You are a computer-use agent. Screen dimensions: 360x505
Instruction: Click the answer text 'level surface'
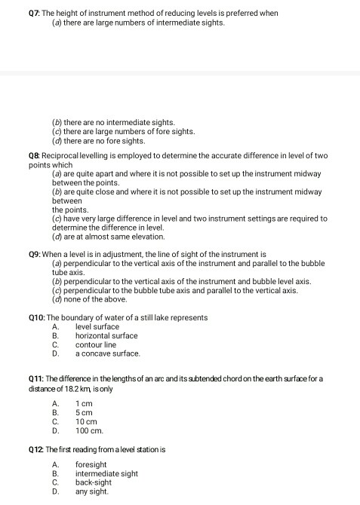[97, 326]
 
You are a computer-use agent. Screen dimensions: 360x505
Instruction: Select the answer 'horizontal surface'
[106, 335]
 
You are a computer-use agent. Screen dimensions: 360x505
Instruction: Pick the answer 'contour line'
[95, 344]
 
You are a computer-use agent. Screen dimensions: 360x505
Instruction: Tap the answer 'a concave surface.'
[107, 353]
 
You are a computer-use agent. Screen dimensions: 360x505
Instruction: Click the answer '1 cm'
[84, 404]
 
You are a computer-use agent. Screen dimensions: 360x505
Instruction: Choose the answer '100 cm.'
[89, 431]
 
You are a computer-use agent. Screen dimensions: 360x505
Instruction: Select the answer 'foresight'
[91, 465]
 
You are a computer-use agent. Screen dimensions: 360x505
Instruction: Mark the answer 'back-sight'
[93, 482]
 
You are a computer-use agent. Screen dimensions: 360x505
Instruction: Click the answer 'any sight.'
[91, 491]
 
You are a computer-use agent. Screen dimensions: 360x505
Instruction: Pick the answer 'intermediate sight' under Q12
[106, 474]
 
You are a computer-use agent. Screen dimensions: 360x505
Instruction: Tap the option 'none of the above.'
[97, 298]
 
